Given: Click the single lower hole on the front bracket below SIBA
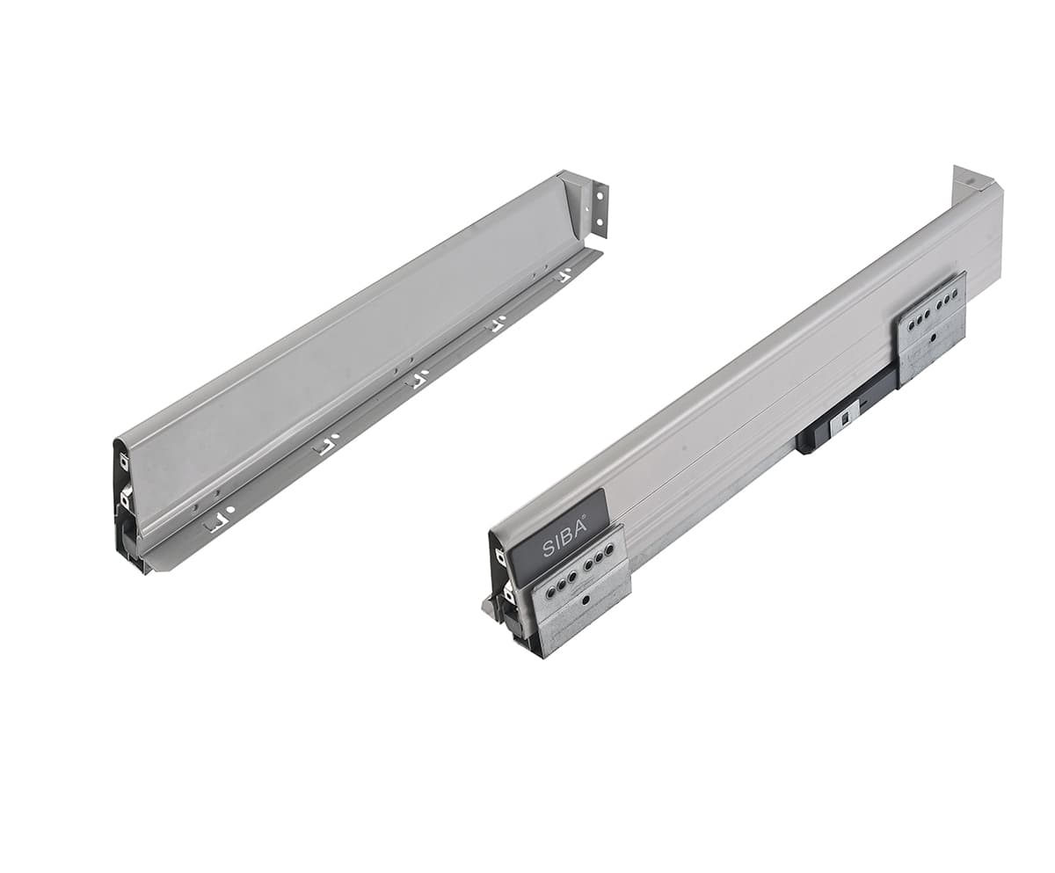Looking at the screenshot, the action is coord(586,600).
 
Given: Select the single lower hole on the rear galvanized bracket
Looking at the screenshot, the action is coord(933,336).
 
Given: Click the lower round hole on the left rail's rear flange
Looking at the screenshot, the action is coord(600,222).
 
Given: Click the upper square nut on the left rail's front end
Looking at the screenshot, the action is coord(124,461).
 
